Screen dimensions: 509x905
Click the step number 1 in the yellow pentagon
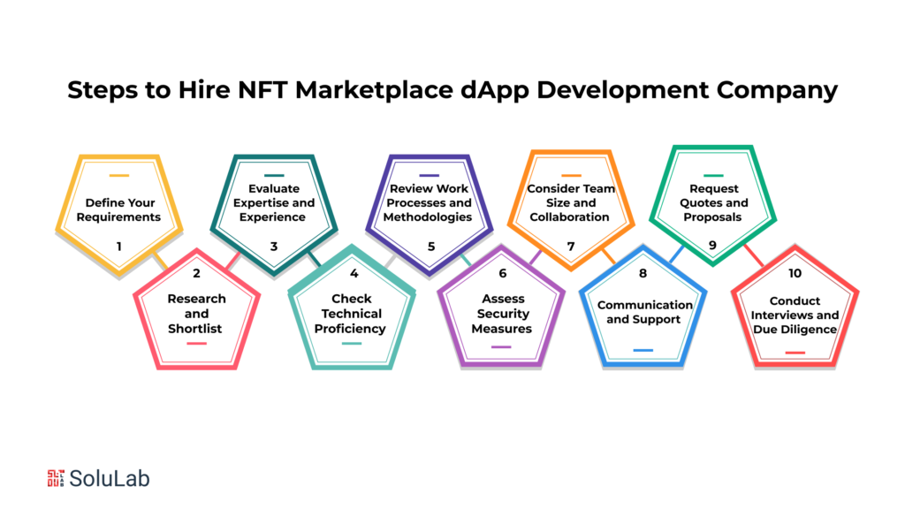tap(118, 247)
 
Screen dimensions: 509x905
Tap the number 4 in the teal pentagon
tap(353, 273)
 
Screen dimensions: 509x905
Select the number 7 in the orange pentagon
tap(571, 247)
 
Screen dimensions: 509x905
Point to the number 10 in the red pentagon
tap(795, 273)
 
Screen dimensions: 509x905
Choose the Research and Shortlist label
tap(196, 313)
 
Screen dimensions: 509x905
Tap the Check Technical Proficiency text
tap(351, 313)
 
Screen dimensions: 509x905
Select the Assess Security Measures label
tap(502, 313)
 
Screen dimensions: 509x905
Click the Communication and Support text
tap(644, 312)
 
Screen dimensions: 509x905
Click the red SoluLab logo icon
tap(56, 478)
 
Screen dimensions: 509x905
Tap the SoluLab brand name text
tap(111, 478)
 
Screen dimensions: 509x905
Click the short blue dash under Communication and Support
tap(643, 351)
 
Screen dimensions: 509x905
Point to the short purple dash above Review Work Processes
tap(430, 175)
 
